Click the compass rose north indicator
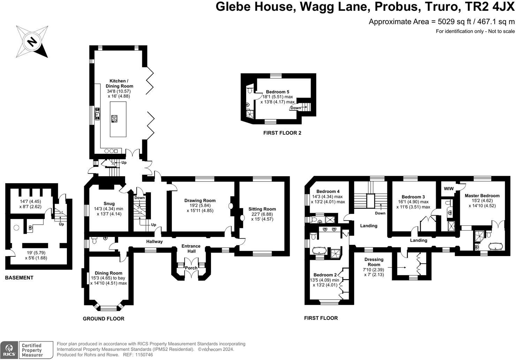tap(32, 42)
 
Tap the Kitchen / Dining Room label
tap(119, 83)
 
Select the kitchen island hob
tap(114, 119)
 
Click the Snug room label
tap(109, 204)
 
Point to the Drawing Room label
tap(200, 201)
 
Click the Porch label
tap(191, 268)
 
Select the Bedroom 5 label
tap(278, 92)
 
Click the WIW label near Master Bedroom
tap(449, 189)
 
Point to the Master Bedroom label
tap(482, 196)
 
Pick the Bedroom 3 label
tap(413, 197)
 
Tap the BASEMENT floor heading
tap(19, 278)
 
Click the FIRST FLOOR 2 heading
tap(282, 133)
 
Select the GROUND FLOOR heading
tap(104, 318)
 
